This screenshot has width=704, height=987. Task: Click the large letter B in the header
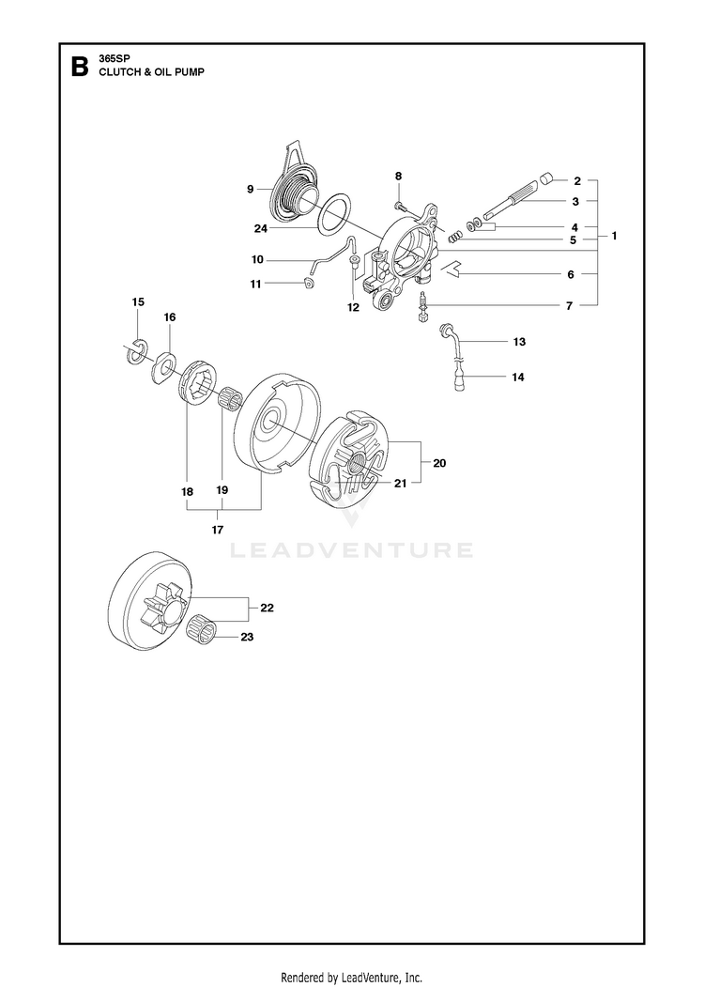tap(79, 67)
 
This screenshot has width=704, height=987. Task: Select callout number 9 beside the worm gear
tap(251, 189)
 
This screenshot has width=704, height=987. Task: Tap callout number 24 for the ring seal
tap(261, 228)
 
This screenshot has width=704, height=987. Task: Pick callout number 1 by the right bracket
tap(614, 236)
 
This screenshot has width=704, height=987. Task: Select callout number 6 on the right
tap(571, 274)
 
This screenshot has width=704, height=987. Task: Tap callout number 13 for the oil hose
tap(519, 342)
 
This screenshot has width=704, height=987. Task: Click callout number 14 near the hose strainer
tap(518, 377)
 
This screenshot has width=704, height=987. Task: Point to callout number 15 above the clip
tap(138, 301)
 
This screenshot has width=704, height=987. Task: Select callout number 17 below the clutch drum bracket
tap(218, 530)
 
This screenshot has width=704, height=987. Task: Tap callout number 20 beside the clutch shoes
tap(439, 463)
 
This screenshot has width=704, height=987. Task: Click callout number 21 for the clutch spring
tap(400, 483)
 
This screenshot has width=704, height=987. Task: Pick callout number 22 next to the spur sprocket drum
tap(267, 608)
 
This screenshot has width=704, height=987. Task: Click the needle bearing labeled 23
tap(203, 628)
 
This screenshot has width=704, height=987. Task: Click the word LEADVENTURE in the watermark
tap(352, 550)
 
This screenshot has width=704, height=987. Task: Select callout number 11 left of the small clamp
tap(255, 284)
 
